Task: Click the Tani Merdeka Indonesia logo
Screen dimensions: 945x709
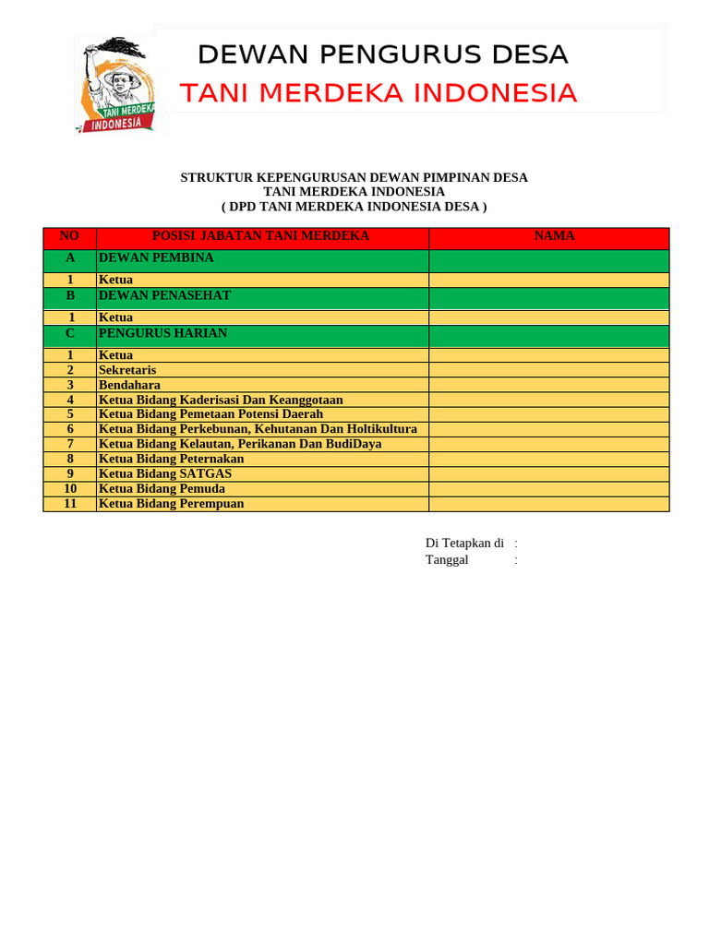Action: click(x=118, y=85)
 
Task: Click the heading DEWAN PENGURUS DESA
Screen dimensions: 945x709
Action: click(x=382, y=55)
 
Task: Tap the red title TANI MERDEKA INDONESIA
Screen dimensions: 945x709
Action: click(x=378, y=93)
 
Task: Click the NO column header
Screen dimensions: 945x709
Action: click(x=70, y=236)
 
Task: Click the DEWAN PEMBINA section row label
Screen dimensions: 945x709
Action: click(x=156, y=258)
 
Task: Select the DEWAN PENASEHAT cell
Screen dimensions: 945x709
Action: click(x=164, y=295)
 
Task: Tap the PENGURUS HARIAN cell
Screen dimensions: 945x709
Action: click(x=162, y=333)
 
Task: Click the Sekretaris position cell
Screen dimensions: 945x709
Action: click(x=127, y=370)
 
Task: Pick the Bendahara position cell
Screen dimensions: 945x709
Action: click(x=129, y=385)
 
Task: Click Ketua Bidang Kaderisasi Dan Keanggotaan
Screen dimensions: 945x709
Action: click(x=221, y=400)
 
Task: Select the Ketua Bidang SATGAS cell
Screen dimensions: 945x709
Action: click(x=165, y=473)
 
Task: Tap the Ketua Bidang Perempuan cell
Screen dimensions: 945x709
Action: click(x=172, y=504)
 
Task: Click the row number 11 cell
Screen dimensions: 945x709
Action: click(x=70, y=504)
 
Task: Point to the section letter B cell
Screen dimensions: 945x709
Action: click(x=70, y=295)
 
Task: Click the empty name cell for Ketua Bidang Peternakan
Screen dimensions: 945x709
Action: click(x=548, y=459)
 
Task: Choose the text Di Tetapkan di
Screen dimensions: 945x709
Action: click(x=464, y=544)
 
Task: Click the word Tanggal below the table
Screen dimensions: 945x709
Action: click(x=447, y=560)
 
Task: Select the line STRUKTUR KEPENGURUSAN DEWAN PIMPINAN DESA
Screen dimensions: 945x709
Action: click(x=354, y=177)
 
